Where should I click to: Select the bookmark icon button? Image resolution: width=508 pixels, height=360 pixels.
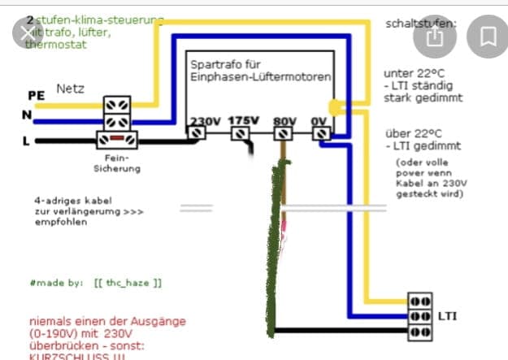[x=488, y=37]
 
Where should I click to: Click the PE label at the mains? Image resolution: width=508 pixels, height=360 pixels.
[x=36, y=95]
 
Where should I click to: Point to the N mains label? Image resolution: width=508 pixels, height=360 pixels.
[x=27, y=115]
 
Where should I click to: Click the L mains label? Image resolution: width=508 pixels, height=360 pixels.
[x=27, y=141]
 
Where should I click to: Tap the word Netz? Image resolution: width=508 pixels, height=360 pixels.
[x=71, y=87]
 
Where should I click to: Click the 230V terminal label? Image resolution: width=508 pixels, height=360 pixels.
[x=206, y=121]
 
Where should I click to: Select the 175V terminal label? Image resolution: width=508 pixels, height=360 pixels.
[x=242, y=121]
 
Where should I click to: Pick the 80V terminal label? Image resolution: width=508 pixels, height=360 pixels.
[x=284, y=121]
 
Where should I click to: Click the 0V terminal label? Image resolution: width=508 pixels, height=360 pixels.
[x=319, y=121]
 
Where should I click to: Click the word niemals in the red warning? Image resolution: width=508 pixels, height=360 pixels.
[x=50, y=319]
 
